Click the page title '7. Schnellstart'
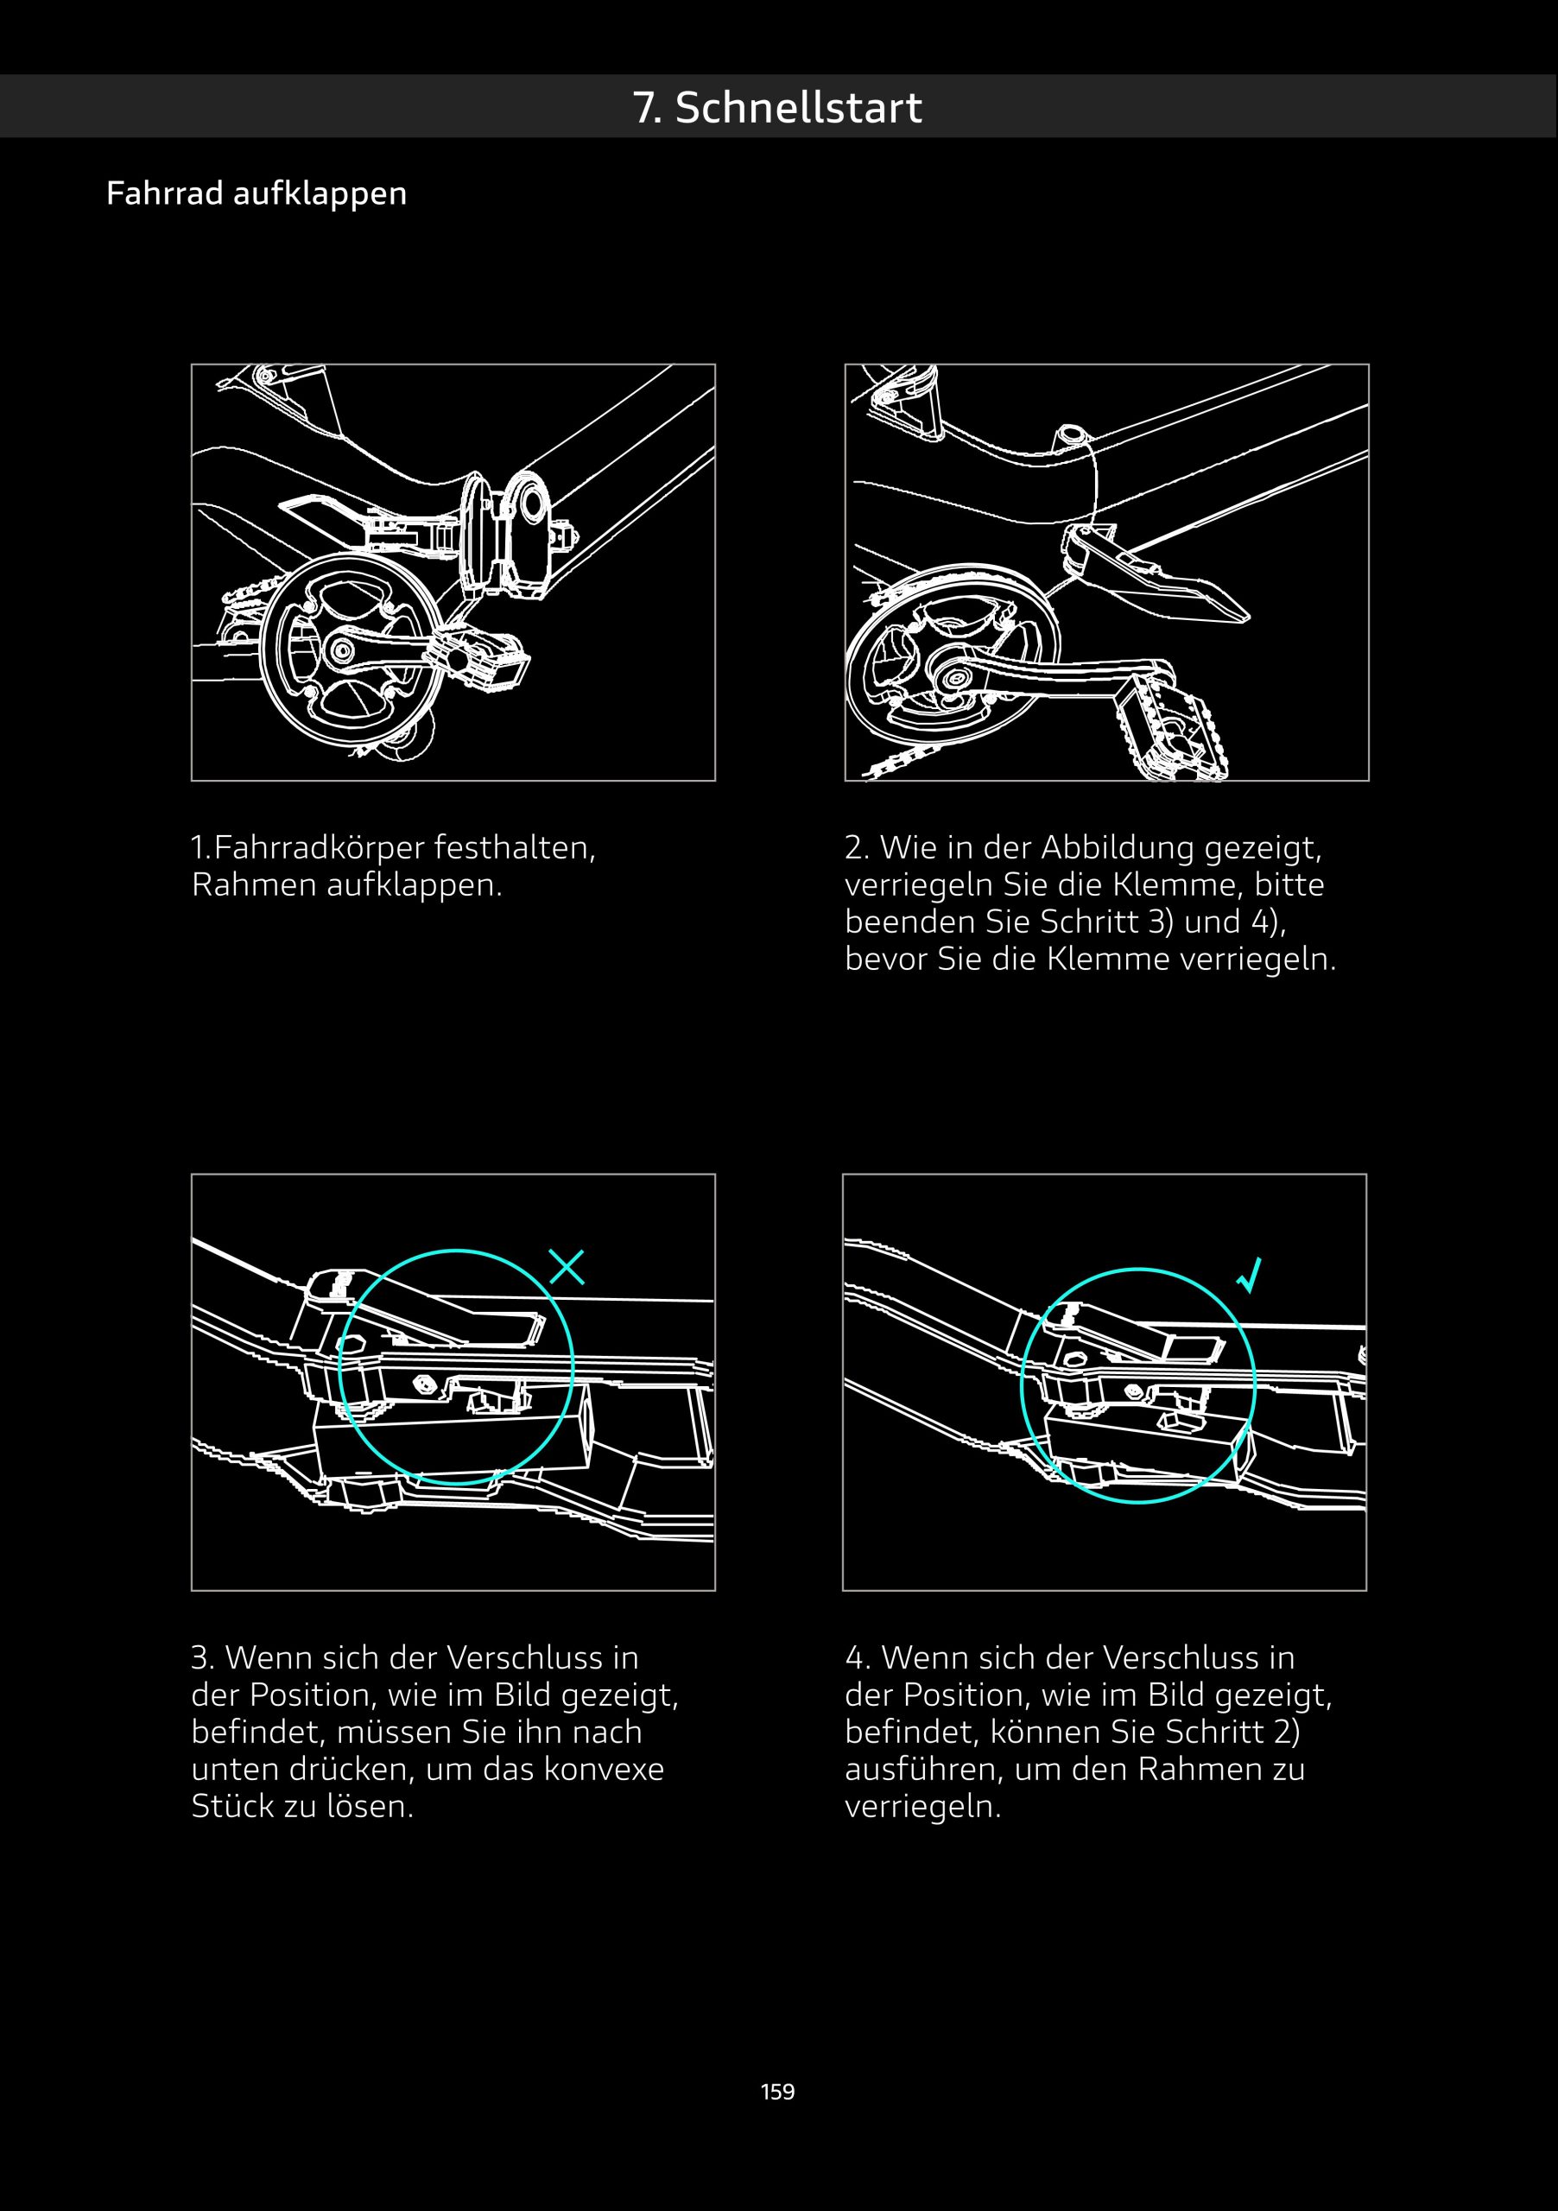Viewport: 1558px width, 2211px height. pyautogui.click(x=777, y=107)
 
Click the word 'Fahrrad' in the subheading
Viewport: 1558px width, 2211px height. pyautogui.click(x=165, y=193)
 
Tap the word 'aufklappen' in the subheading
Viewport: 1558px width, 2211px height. pyautogui.click(x=320, y=194)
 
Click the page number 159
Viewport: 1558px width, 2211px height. pyautogui.click(x=778, y=2092)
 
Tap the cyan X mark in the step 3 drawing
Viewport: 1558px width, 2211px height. pyautogui.click(x=567, y=1267)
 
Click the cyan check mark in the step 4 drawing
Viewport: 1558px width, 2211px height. pyautogui.click(x=1249, y=1275)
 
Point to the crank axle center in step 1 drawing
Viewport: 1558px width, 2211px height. pyautogui.click(x=339, y=650)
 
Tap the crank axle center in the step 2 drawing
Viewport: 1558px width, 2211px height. pyautogui.click(x=954, y=677)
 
